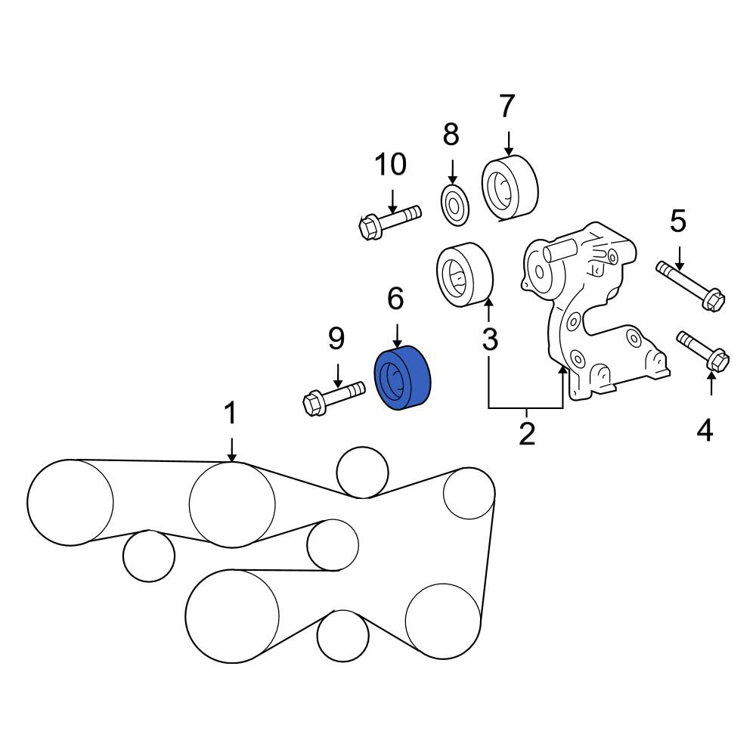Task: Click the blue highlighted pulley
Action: coord(403,378)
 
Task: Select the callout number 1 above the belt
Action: coord(231,414)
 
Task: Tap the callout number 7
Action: coord(507,106)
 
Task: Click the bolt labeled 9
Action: coord(333,398)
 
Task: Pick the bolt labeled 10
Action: coord(389,222)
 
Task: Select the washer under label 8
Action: coord(455,204)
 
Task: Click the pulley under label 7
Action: coord(510,188)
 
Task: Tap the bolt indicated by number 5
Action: coord(690,286)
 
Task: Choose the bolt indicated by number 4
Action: coord(703,352)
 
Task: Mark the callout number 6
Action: coord(395,299)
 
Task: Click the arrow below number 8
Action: coord(452,172)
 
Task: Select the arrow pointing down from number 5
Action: coord(680,259)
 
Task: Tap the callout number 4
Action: coord(705,430)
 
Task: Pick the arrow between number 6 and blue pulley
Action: coord(397,336)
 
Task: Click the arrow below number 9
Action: coord(337,376)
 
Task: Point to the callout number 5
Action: coord(678,222)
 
